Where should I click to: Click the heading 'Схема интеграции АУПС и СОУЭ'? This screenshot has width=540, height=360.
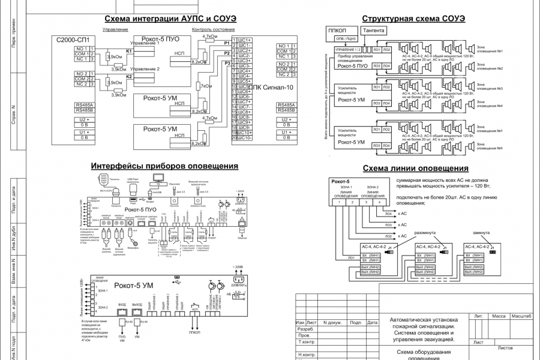point(170,19)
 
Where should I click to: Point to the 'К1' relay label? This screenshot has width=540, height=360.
point(128,52)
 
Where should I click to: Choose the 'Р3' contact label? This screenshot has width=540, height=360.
point(226,62)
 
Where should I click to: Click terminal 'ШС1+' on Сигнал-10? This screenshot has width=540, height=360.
point(245,40)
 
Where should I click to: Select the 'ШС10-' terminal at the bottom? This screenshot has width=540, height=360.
point(244,138)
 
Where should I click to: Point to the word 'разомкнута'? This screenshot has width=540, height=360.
point(425,232)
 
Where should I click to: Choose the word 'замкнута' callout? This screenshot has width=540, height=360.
point(481,232)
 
